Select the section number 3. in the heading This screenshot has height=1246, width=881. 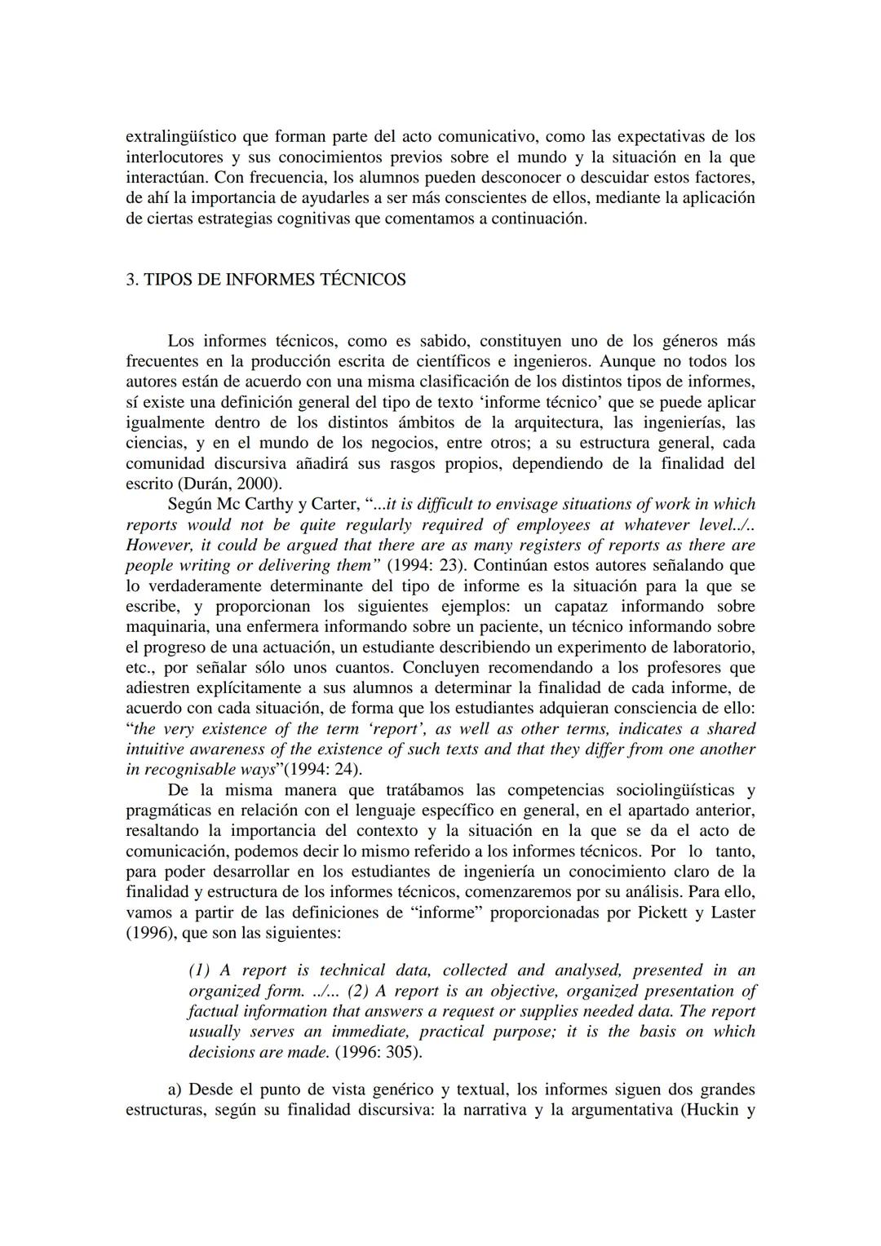[x=132, y=280]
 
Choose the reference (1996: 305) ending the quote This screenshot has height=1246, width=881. [x=379, y=1052]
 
